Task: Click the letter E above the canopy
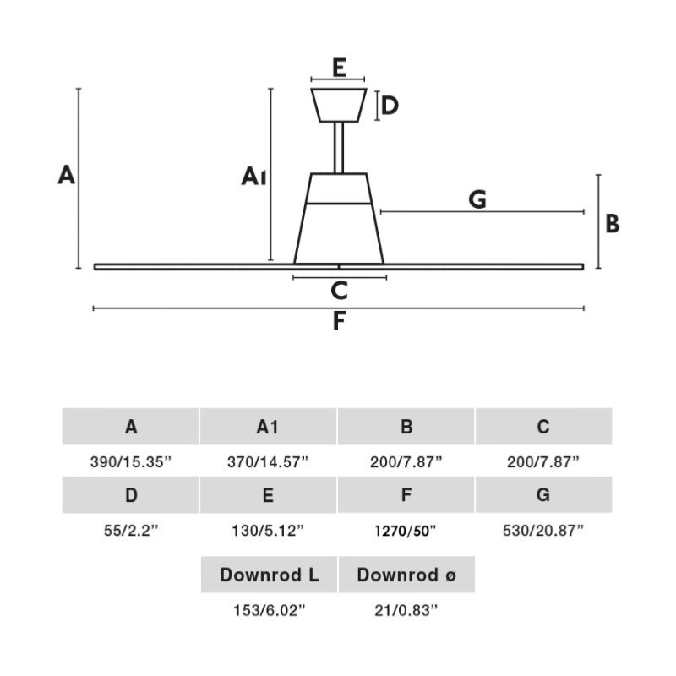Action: coord(338,68)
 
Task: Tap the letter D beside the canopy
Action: coord(390,106)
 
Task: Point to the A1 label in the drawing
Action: coord(254,176)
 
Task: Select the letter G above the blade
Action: coord(477,199)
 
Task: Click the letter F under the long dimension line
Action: coord(339,321)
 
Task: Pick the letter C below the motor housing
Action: coord(339,291)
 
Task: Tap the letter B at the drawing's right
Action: coord(613,224)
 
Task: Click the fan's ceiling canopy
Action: coord(339,105)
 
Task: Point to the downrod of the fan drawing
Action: coord(339,148)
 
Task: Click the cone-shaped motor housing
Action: coord(339,221)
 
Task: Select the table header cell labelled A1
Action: coord(268,427)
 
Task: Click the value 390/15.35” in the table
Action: coord(131,462)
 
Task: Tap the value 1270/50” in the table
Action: coord(406,532)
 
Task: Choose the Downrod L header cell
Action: coord(269,575)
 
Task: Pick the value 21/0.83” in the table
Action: coord(406,610)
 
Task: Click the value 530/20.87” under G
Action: coord(543,531)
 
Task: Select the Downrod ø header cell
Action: coord(406,575)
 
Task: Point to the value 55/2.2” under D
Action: coord(131,531)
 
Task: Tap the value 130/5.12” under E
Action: coord(268,531)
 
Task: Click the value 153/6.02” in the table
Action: coord(269,610)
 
